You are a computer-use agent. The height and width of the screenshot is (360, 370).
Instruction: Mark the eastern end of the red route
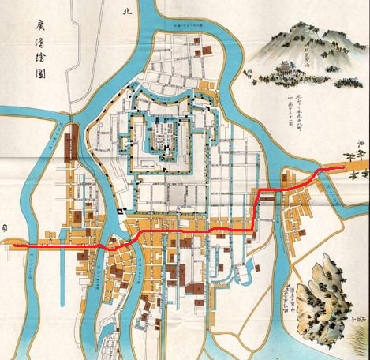coord(342,168)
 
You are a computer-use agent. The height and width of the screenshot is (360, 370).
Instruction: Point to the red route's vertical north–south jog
coord(254,212)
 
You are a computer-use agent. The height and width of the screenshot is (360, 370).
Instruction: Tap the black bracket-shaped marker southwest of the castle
coord(119,212)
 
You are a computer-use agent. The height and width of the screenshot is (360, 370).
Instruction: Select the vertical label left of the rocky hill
coord(293,299)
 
